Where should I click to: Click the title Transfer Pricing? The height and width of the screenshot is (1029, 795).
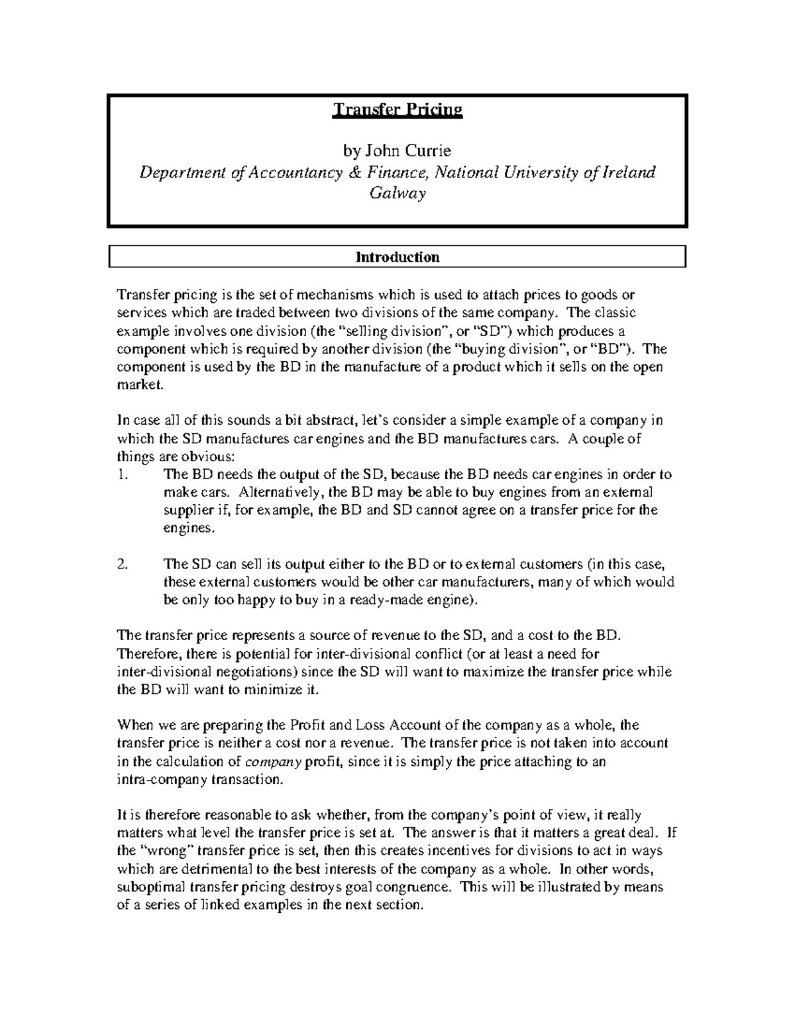pyautogui.click(x=397, y=109)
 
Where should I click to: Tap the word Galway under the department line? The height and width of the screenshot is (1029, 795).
pyautogui.click(x=397, y=193)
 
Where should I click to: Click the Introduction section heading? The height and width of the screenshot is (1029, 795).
pyautogui.click(x=397, y=257)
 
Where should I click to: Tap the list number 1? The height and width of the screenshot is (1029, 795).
pyautogui.click(x=121, y=474)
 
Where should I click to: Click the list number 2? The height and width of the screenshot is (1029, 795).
pyautogui.click(x=121, y=565)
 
